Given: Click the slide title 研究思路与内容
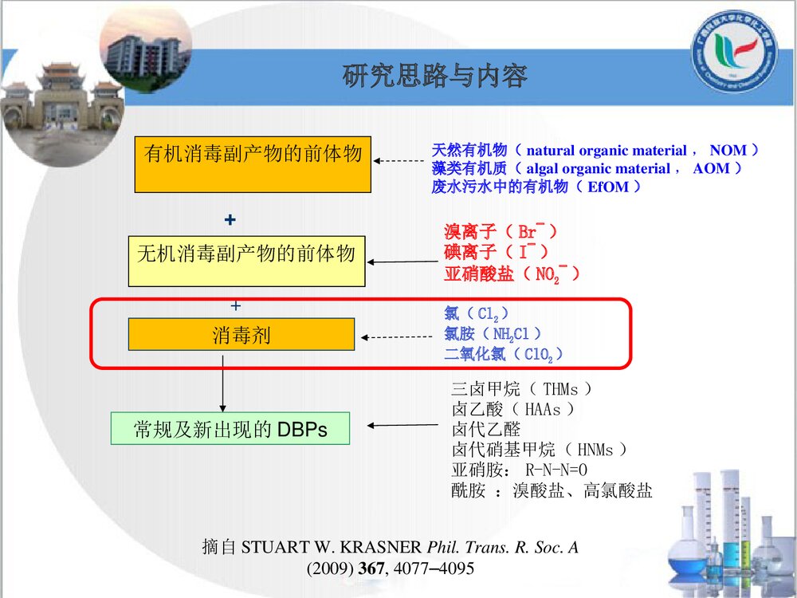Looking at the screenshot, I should click(434, 77).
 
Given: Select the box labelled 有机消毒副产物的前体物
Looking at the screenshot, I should click(253, 164).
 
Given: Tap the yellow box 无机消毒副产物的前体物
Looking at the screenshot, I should click(246, 261).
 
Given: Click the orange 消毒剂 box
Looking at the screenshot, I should click(241, 334).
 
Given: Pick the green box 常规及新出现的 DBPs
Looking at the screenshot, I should click(230, 430).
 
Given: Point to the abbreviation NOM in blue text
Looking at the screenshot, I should click(728, 150).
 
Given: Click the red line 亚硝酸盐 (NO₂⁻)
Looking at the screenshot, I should click(511, 274).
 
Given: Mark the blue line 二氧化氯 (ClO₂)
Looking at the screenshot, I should click(504, 354).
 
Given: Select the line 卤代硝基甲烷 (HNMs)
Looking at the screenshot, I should click(540, 450).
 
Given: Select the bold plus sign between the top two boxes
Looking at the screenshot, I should click(230, 218).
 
